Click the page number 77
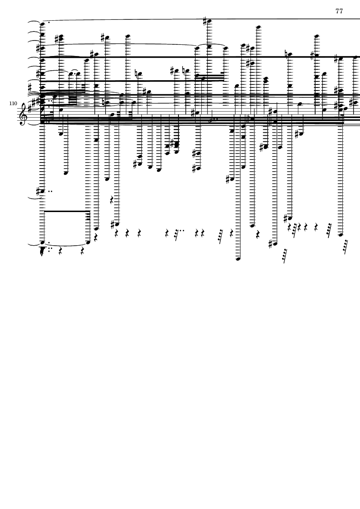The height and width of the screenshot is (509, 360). [339, 11]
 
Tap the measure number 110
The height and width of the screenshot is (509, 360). [13, 103]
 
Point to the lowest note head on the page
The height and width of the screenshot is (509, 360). [238, 259]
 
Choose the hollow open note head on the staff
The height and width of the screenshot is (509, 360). [211, 121]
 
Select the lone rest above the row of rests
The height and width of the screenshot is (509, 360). [112, 200]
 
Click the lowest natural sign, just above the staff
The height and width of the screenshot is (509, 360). [104, 103]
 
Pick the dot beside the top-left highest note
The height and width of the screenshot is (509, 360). [48, 22]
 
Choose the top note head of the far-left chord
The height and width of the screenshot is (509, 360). [43, 24]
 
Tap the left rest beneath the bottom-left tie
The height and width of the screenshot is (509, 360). [61, 251]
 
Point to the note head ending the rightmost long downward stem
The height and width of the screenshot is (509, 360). [340, 235]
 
